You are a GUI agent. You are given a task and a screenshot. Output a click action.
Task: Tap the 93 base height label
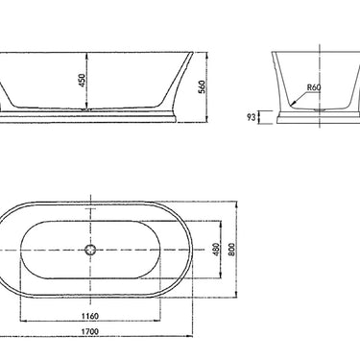[252, 118]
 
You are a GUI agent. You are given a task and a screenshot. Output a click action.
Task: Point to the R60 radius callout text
[313, 87]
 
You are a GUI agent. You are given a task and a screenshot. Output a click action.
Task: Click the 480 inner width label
[218, 249]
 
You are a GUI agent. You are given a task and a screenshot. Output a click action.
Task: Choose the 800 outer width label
[244, 248]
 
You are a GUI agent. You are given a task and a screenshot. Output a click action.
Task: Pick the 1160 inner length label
[91, 313]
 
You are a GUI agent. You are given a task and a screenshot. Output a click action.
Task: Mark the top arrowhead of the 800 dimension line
[238, 203]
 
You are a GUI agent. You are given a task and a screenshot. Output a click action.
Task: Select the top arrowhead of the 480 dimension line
[223, 221]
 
